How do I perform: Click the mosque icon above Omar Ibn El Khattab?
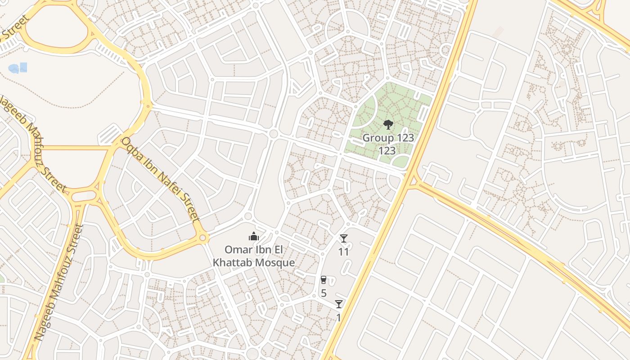pyautogui.click(x=254, y=237)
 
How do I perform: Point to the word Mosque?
pyautogui.click(x=274, y=263)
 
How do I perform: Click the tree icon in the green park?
pyautogui.click(x=388, y=125)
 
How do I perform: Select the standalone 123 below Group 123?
pyautogui.click(x=387, y=151)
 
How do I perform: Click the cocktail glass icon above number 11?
pyautogui.click(x=344, y=238)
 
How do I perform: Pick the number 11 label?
pyautogui.click(x=344, y=252)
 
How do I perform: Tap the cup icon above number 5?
pyautogui.click(x=323, y=280)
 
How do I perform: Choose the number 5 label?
pyautogui.click(x=324, y=293)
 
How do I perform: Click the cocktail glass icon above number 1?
pyautogui.click(x=339, y=304)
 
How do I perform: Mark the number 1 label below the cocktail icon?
pyautogui.click(x=339, y=318)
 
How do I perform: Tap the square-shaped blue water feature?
pyautogui.click(x=23, y=67)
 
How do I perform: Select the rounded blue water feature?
pyautogui.click(x=14, y=69)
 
